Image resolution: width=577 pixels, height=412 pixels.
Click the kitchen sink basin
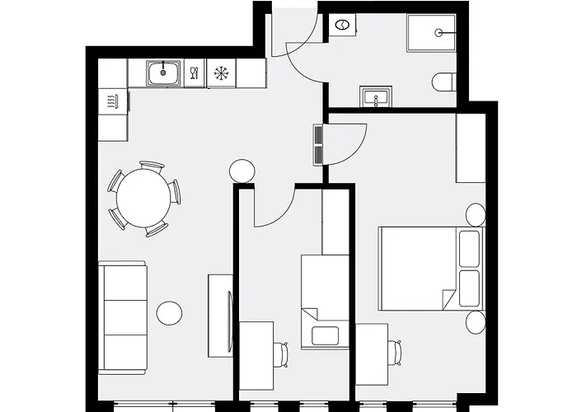tap(164, 74)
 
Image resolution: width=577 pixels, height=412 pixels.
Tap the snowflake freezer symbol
tap(220, 73)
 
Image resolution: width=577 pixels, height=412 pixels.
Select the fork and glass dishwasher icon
tap(194, 73)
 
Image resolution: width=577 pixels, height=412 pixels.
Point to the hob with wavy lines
tap(113, 102)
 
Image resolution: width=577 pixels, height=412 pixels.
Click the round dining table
tap(143, 199)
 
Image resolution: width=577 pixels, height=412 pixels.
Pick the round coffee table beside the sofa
tap(169, 314)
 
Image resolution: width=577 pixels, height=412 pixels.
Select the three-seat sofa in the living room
tap(122, 316)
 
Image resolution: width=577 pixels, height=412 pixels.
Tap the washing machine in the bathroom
tap(341, 27)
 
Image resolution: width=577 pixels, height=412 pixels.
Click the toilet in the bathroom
tap(443, 82)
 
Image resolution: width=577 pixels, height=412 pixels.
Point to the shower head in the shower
tap(439, 34)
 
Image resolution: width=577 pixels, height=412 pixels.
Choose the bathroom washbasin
tap(377, 97)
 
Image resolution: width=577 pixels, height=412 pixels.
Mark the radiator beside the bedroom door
tap(318, 145)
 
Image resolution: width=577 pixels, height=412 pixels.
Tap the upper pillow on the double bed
tap(469, 249)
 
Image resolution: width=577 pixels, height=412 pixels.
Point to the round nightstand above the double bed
tap(476, 215)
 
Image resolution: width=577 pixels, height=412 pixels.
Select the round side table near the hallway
tap(242, 171)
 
